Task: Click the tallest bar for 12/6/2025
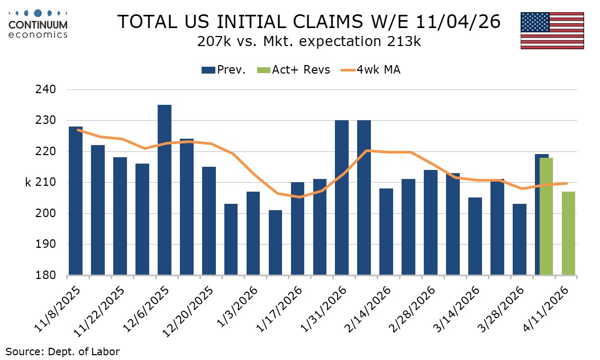tap(165, 190)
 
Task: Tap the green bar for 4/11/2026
tap(568, 233)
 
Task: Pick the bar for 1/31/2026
tap(342, 198)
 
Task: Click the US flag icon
tap(552, 30)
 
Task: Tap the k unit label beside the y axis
tap(28, 183)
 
